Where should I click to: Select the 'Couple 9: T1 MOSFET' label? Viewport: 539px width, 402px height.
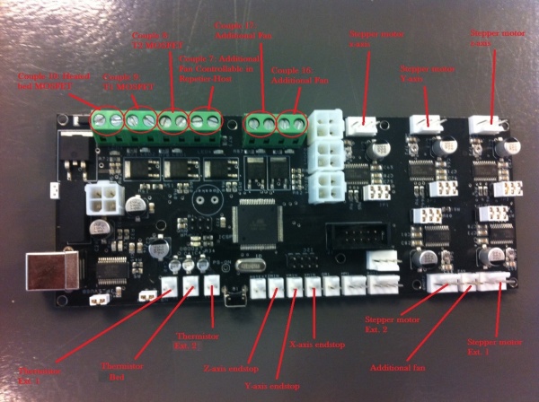[123, 83]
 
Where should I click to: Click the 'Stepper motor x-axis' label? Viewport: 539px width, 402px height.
[367, 38]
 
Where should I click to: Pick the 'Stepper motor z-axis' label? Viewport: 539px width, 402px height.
[493, 38]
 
